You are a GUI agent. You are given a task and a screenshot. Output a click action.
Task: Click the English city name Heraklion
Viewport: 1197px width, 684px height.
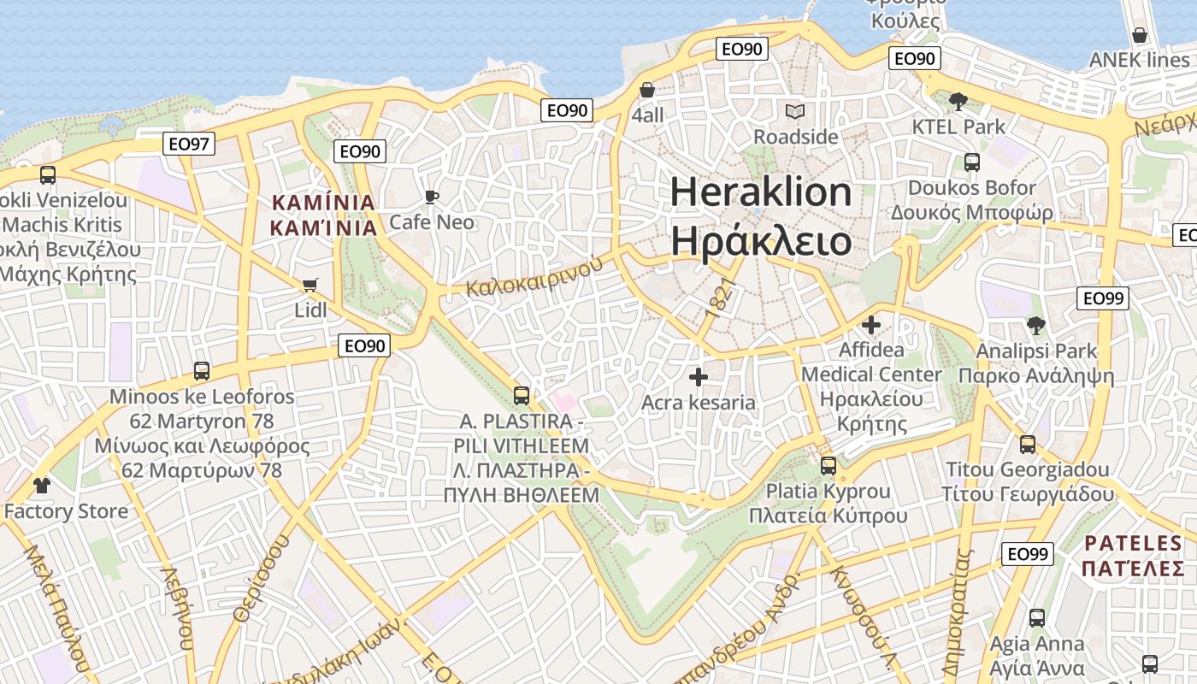point(761,192)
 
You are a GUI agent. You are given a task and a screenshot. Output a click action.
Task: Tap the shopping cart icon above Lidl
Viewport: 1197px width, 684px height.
point(310,285)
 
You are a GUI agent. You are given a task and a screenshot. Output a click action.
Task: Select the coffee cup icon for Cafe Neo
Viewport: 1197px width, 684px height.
point(432,198)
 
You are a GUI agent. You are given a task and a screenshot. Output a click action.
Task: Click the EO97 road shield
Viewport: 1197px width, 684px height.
point(189,144)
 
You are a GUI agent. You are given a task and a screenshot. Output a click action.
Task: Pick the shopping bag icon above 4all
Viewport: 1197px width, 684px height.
point(647,90)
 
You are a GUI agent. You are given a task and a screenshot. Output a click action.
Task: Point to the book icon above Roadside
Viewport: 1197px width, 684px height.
point(795,111)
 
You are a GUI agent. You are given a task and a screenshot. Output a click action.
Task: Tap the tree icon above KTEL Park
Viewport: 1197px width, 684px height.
point(958,101)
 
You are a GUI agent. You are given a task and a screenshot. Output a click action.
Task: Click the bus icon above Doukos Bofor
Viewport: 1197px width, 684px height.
point(971,162)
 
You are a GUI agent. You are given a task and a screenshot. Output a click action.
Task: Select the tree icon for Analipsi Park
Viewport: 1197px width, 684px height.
point(1036,325)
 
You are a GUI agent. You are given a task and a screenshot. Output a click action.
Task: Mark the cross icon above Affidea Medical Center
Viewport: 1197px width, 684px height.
point(871,325)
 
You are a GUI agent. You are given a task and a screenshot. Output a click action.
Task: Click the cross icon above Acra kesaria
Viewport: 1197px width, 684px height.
point(699,376)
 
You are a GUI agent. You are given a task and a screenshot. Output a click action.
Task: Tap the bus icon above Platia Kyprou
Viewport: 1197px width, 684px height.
point(828,466)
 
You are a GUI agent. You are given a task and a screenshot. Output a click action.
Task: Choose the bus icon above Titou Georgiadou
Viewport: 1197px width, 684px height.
point(1028,445)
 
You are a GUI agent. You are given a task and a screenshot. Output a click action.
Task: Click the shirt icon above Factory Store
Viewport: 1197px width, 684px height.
point(41,486)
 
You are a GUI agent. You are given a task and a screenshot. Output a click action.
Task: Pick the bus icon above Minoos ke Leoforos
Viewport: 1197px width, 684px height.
point(202,371)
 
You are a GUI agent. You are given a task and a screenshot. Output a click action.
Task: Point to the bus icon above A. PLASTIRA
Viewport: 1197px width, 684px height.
point(521,396)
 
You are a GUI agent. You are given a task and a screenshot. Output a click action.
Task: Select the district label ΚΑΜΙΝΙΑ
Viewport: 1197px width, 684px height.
point(323,203)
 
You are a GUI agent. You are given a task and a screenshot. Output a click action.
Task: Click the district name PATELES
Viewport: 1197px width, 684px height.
point(1133,543)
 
